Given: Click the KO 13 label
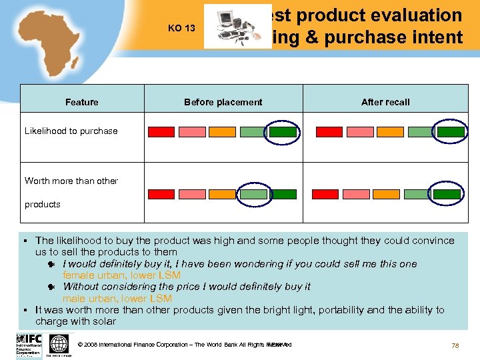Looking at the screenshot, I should point(181,28).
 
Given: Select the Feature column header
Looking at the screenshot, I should point(82,102).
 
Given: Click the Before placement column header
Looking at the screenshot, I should point(223,102).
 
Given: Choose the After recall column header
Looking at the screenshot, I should point(385,102).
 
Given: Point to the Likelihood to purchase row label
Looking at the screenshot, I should point(71,131).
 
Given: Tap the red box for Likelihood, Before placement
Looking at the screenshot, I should point(161,132).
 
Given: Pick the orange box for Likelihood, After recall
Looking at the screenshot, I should point(389,132).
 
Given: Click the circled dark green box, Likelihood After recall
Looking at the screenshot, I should point(451,132).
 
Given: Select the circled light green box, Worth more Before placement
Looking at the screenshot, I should point(253,194).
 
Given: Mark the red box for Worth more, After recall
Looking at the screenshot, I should point(329,194).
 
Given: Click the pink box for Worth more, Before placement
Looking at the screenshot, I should point(192,194).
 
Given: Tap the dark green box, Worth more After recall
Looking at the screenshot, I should point(451,194).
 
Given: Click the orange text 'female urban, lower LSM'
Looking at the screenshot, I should point(121,275).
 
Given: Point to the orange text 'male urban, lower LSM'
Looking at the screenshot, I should point(117,299).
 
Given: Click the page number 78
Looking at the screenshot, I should point(455,345).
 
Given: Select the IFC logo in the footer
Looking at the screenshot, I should point(29,345).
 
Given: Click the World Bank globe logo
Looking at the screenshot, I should point(59,345).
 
